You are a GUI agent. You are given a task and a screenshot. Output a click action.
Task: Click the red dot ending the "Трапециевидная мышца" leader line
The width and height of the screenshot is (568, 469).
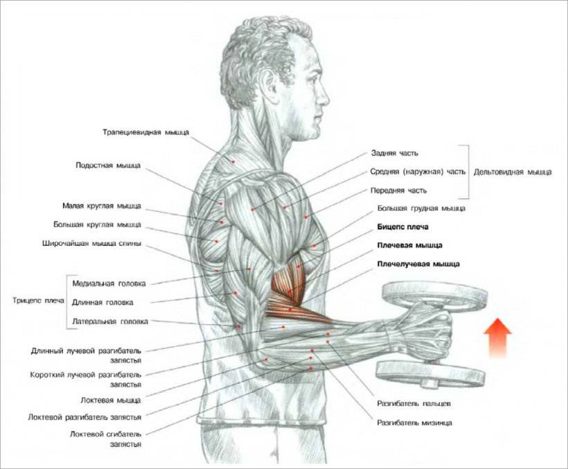tap(233, 161)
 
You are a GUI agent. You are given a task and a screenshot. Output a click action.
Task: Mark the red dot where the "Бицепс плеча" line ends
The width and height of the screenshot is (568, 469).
tap(298, 267)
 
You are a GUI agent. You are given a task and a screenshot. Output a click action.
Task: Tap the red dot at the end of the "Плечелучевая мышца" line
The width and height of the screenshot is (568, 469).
tap(290, 310)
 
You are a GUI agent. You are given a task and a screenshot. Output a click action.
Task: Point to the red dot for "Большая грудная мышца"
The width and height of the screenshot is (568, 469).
tap(314, 246)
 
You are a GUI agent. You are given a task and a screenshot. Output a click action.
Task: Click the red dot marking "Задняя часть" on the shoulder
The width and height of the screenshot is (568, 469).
tap(253, 209)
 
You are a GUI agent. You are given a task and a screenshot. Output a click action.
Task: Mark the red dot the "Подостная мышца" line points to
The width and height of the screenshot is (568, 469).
tap(220, 204)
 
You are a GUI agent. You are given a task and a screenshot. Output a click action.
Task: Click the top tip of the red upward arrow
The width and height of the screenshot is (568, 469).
tap(498, 319)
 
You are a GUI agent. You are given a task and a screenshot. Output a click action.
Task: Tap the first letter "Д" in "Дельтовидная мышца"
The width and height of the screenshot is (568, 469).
tap(477, 172)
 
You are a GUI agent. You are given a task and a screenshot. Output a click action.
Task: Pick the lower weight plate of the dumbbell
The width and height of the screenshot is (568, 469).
tap(430, 375)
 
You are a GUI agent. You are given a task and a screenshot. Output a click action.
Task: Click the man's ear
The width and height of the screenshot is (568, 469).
tap(271, 82)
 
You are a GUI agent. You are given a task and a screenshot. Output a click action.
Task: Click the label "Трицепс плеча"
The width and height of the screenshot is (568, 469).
tap(38, 301)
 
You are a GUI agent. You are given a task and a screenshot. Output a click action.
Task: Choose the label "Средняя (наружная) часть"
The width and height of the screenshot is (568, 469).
tap(418, 172)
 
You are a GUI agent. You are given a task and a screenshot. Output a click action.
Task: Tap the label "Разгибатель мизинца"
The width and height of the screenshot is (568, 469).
tap(414, 423)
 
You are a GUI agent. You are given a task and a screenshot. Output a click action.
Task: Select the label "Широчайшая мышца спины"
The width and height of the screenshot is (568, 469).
tap(91, 244)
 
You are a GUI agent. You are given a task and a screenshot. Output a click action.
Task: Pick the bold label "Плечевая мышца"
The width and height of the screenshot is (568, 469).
tap(409, 245)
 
